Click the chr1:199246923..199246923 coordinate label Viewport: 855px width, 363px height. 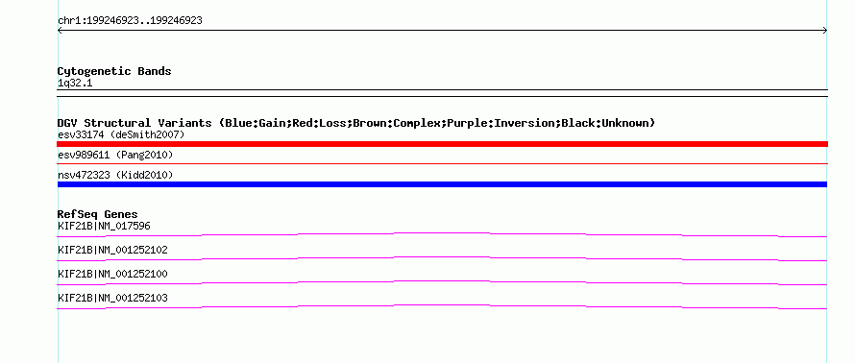pos(130,21)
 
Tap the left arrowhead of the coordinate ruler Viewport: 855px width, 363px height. pos(60,31)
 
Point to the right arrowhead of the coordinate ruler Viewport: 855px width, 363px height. pos(825,31)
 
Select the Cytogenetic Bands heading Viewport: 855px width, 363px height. pos(114,71)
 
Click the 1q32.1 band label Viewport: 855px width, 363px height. pos(75,84)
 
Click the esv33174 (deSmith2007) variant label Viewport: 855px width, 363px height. pos(121,134)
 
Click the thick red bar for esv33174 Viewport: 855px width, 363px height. pos(442,144)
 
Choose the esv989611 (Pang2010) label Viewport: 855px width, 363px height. pos(115,156)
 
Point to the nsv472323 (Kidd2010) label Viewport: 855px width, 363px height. pos(115,175)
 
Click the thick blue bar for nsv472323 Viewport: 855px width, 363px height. pos(442,184)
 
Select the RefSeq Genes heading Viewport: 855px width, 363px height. pos(98,214)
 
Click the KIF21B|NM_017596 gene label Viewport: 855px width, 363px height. pos(104,226)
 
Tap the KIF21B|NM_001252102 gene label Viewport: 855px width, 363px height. pos(112,251)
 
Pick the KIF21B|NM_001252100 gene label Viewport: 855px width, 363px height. pos(112,274)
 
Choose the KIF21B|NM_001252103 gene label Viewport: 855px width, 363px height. pos(112,298)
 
